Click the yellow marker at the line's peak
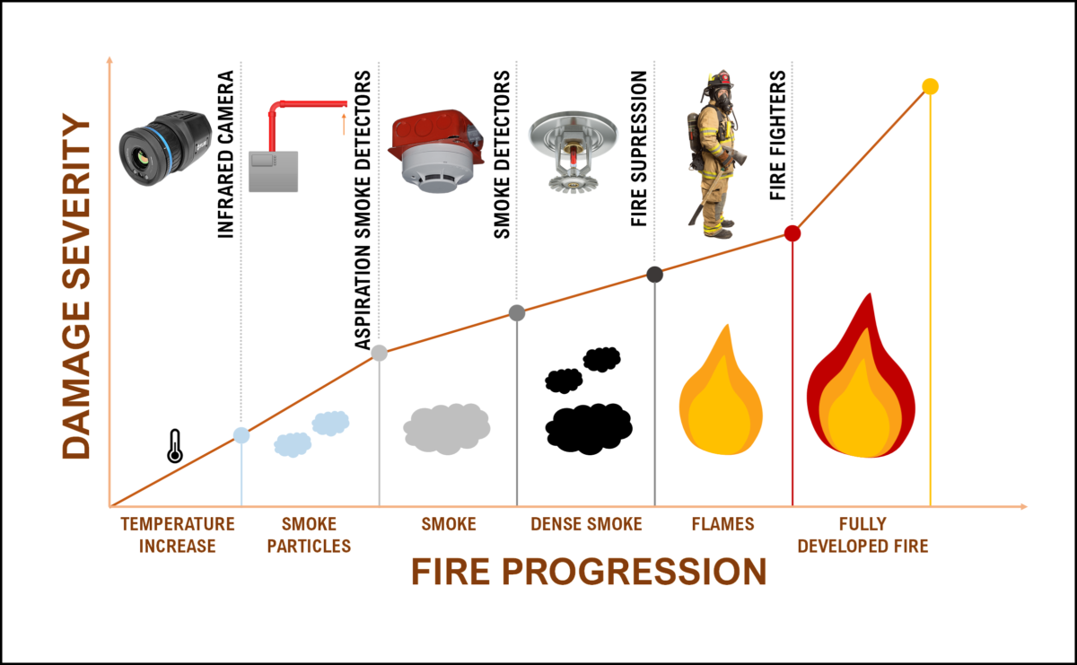pos(931,86)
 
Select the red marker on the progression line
pos(792,233)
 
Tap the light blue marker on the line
pos(241,435)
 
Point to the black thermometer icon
pos(175,446)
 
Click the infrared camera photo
pos(165,148)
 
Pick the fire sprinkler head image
pos(573,152)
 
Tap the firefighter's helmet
pos(720,81)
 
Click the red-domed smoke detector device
pos(436,151)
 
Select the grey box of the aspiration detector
pos(273,171)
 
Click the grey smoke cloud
pos(447,429)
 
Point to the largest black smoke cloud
pos(589,429)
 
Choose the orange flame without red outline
pos(721,389)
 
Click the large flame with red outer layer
pos(861,375)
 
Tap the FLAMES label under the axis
pos(722,523)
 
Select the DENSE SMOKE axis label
pos(586,523)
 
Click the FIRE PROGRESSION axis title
pos(589,572)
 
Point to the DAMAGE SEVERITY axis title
pos(76,286)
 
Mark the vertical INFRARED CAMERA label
pos(225,153)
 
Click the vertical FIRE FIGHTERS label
pos(777,136)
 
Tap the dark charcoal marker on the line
pos(655,275)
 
